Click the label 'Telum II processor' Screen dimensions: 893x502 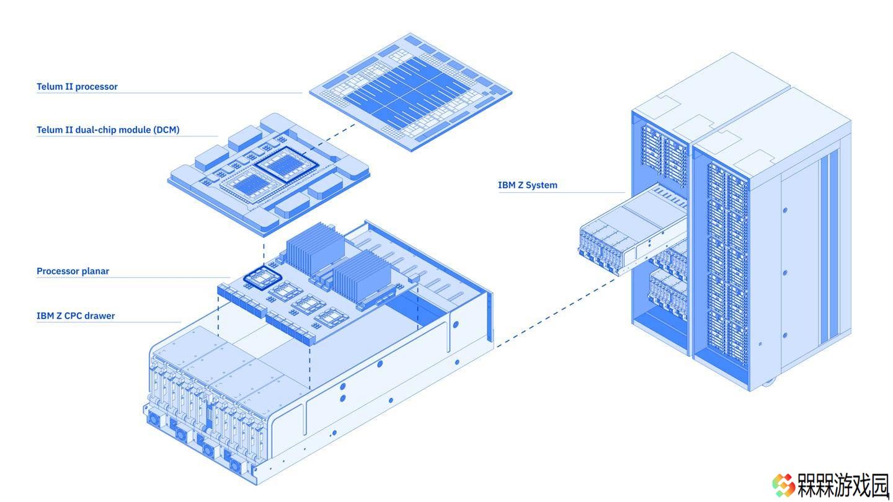pyautogui.click(x=77, y=87)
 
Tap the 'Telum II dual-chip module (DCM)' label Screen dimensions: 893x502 pyautogui.click(x=108, y=130)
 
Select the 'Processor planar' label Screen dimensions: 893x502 pyautogui.click(x=73, y=271)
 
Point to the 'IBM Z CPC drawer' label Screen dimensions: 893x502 pyautogui.click(x=76, y=315)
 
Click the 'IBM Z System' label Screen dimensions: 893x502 pyautogui.click(x=527, y=185)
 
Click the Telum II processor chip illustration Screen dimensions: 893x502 pyautogui.click(x=411, y=92)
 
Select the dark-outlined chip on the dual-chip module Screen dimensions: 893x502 pyautogui.click(x=287, y=165)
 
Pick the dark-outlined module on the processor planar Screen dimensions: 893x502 pyautogui.click(x=263, y=277)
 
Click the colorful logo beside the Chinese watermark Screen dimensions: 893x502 pyautogui.click(x=783, y=485)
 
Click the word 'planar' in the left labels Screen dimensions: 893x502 pyautogui.click(x=96, y=271)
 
